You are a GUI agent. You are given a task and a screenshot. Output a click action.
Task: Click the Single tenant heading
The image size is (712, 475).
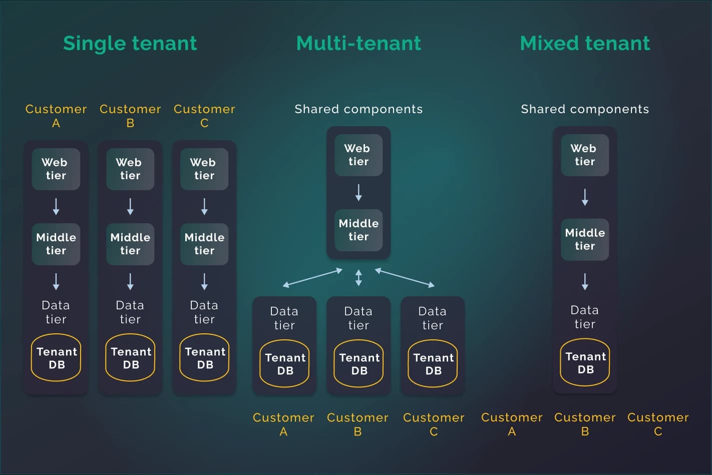130,44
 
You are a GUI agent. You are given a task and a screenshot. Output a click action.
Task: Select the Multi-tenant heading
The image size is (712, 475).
359,44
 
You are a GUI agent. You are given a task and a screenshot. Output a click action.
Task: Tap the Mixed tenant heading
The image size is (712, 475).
585,44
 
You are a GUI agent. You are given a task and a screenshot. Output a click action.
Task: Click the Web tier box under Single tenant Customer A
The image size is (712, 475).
56,169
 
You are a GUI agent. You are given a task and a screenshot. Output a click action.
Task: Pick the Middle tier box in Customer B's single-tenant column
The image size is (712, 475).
130,244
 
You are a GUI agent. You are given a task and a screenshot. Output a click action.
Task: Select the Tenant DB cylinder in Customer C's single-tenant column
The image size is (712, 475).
204,358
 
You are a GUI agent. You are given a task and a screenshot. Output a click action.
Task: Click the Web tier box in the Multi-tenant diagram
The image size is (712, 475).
359,155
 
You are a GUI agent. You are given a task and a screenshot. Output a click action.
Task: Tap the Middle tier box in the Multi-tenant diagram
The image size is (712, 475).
359,230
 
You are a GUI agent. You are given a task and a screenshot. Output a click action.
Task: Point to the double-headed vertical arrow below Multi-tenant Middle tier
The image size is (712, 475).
359,277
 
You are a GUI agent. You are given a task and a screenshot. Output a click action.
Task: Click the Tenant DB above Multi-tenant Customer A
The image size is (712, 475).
284,364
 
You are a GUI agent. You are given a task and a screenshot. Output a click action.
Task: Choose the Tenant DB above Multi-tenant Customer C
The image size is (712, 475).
433,364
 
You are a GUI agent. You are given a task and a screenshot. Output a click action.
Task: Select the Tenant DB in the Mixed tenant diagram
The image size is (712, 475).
585,363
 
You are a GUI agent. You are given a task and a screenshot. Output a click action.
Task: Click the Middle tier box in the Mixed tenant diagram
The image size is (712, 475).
585,240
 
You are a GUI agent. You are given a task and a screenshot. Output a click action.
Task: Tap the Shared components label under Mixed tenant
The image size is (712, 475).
585,109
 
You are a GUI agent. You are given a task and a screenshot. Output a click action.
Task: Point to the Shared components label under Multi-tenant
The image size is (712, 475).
359,109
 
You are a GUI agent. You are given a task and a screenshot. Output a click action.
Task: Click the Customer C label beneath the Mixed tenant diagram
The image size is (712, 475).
658,424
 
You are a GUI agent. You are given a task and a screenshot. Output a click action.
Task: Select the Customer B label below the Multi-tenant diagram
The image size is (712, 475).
358,424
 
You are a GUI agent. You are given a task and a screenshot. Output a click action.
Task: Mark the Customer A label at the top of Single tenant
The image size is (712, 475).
56,116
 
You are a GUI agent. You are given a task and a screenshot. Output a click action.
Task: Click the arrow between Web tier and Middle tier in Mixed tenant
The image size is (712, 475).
585,197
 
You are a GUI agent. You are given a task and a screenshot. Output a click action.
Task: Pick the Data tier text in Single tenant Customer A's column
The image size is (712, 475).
56,312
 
